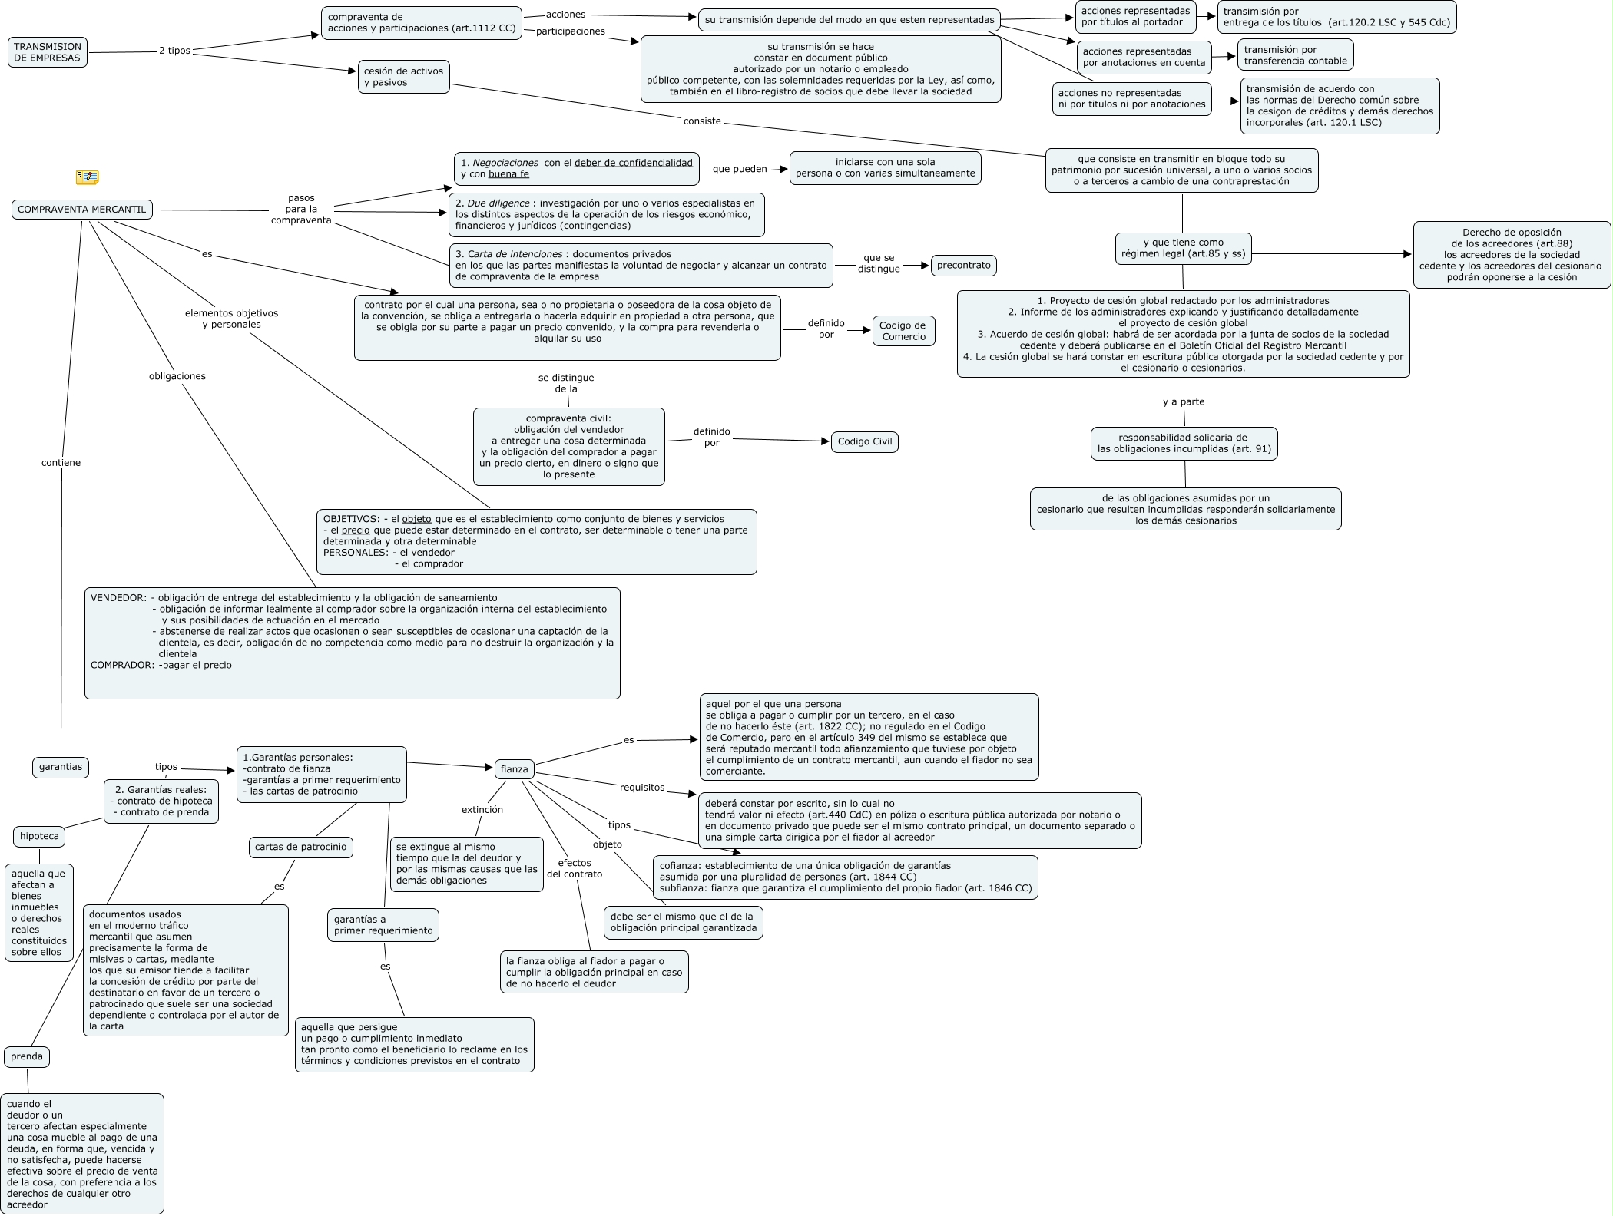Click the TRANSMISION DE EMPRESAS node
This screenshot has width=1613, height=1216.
pyautogui.click(x=48, y=52)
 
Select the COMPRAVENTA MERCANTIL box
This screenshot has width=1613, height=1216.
pyautogui.click(x=81, y=210)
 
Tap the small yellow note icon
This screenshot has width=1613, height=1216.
pyautogui.click(x=87, y=177)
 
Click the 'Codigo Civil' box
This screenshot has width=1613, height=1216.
pyautogui.click(x=864, y=442)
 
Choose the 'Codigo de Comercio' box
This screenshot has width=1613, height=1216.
pyautogui.click(x=903, y=331)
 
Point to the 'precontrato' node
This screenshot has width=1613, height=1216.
pyautogui.click(x=963, y=266)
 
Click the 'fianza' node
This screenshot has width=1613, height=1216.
pyautogui.click(x=514, y=769)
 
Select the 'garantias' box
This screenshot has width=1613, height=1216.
pyautogui.click(x=61, y=767)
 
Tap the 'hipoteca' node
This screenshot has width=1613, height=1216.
pyautogui.click(x=39, y=837)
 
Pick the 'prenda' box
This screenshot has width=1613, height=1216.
pyautogui.click(x=27, y=1057)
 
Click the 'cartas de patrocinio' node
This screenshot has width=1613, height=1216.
pyautogui.click(x=300, y=848)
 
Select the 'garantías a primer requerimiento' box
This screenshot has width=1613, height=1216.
pyautogui.click(x=383, y=925)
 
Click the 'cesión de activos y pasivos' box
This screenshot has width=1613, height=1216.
pyautogui.click(x=403, y=77)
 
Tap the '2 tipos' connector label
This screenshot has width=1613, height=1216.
pyautogui.click(x=174, y=51)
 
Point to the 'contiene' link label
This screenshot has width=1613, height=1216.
pyautogui.click(x=61, y=463)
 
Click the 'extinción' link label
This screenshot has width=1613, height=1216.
pyautogui.click(x=482, y=810)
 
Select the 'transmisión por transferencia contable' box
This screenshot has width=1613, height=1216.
pyautogui.click(x=1295, y=55)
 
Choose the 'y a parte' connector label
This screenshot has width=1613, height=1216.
pyautogui.click(x=1183, y=402)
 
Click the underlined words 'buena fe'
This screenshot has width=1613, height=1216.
pyautogui.click(x=508, y=174)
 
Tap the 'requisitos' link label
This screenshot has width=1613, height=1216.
pyautogui.click(x=642, y=788)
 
